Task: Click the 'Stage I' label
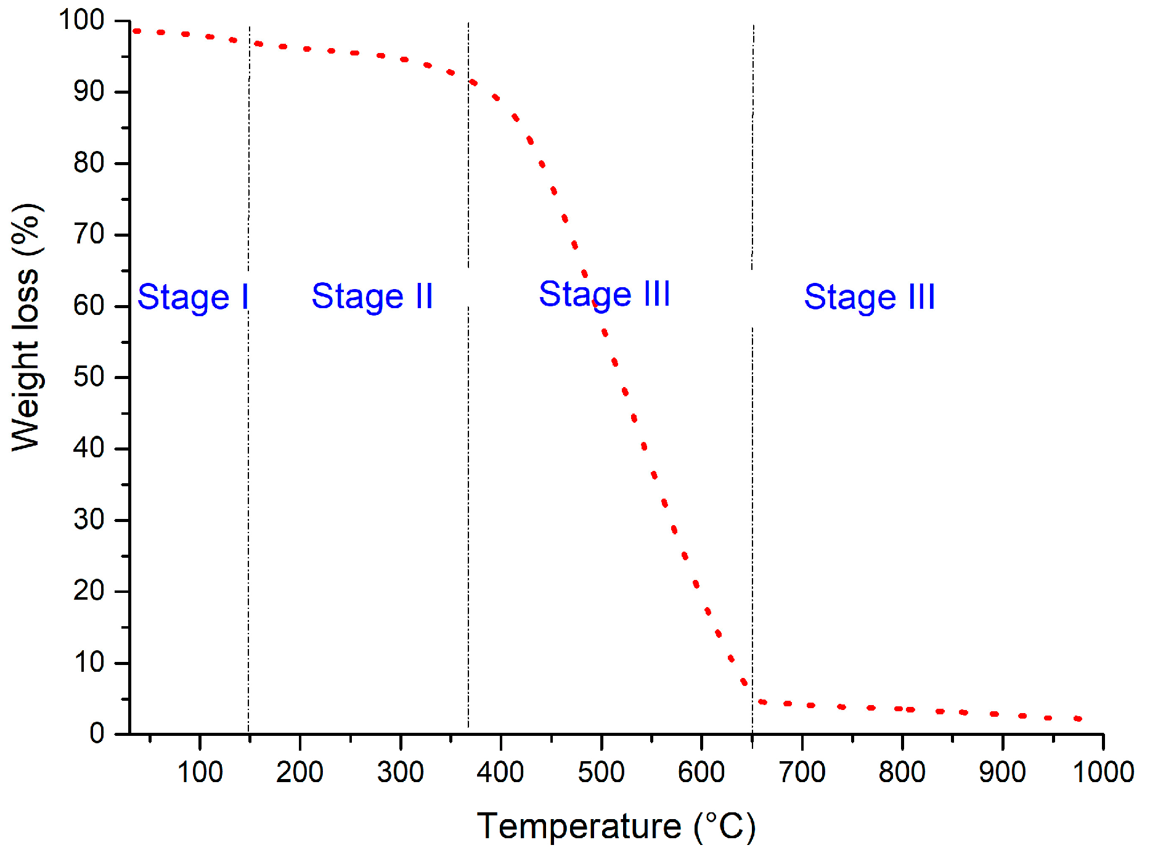point(192,298)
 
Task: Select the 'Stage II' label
point(372,296)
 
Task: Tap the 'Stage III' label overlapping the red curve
point(604,294)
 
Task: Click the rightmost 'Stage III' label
point(869,298)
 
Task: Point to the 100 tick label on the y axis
point(81,20)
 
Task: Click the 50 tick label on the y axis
point(89,377)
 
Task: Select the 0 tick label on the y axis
point(97,733)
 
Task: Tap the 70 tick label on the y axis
point(89,234)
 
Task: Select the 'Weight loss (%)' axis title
point(27,327)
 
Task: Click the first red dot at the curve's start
point(137,31)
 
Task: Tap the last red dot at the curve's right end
point(1077,719)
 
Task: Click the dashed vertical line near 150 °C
point(249,493)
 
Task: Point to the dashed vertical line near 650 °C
point(752,493)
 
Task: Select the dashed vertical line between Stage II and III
point(468,493)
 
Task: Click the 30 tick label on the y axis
point(89,520)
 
